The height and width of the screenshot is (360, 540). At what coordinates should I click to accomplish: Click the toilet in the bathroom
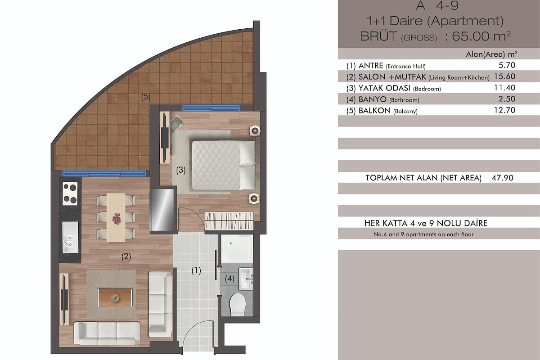click(238, 304)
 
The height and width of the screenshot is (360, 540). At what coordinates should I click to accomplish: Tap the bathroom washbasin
click(246, 279)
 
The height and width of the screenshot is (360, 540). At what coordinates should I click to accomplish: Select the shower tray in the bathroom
click(237, 249)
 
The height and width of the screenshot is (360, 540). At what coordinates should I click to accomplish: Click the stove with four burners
click(70, 193)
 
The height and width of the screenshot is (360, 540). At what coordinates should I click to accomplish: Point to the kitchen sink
click(70, 238)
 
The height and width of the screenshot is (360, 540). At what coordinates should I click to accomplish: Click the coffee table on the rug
click(115, 298)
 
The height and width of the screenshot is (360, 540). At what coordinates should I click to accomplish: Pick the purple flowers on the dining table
click(117, 218)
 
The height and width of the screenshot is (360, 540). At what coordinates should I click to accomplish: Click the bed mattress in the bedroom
click(223, 166)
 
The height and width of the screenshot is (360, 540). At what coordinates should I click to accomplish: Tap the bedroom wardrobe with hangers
click(229, 220)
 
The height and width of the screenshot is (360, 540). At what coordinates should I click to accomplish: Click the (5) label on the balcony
click(146, 97)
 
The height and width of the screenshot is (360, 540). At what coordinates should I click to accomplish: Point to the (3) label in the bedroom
click(181, 170)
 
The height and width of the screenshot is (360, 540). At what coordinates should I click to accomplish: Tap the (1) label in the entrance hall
click(196, 270)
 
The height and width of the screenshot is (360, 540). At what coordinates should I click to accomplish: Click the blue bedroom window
click(211, 108)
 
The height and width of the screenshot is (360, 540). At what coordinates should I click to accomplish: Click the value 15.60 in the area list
click(504, 76)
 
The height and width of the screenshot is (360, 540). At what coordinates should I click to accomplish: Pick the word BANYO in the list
click(373, 99)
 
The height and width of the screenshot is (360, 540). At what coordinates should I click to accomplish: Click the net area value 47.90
click(503, 178)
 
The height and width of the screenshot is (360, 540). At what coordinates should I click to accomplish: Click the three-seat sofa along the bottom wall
click(107, 334)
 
